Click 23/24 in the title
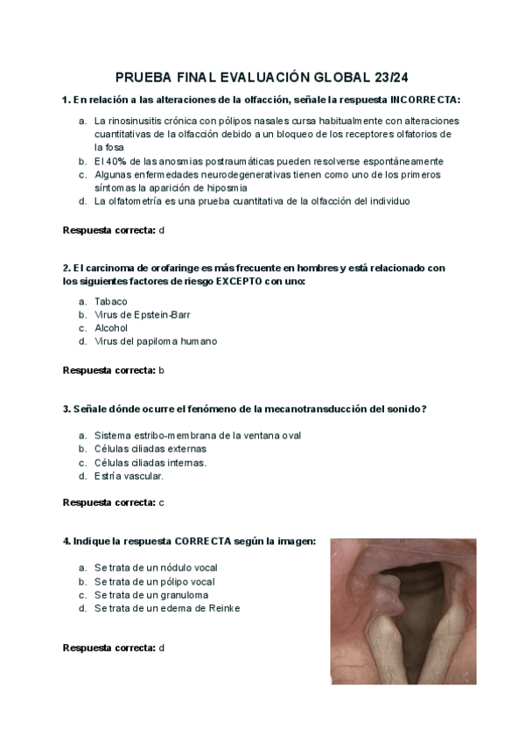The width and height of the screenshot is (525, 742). (x=390, y=77)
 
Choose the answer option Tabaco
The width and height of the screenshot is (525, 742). (x=111, y=301)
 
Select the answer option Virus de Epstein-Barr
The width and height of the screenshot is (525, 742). (x=143, y=314)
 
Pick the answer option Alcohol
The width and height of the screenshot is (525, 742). (x=111, y=328)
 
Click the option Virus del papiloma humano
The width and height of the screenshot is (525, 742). (x=156, y=341)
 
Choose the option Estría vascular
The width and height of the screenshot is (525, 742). (x=129, y=476)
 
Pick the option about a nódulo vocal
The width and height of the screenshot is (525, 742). (x=155, y=568)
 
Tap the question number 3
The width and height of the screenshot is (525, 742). (x=66, y=409)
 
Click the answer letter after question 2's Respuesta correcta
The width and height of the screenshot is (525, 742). (x=162, y=370)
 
